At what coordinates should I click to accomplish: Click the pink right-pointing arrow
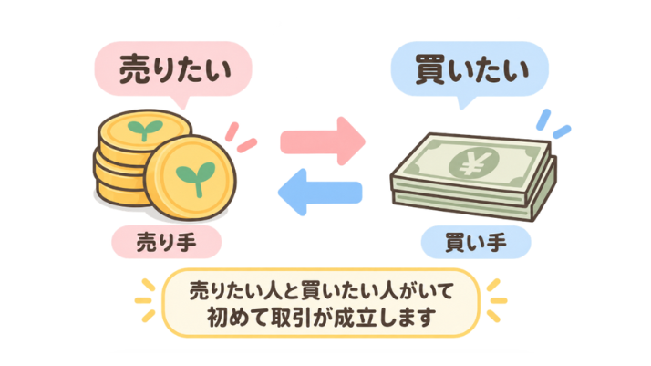[x=323, y=141]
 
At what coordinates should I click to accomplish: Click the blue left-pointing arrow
[x=320, y=192]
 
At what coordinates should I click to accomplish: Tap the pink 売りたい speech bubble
[x=173, y=70]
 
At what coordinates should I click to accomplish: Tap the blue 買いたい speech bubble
[x=470, y=70]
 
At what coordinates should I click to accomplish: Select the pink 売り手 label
[x=167, y=242]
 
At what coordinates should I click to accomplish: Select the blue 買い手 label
[x=476, y=242]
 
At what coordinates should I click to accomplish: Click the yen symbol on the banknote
[x=473, y=162]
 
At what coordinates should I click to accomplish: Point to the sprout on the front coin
[x=195, y=177]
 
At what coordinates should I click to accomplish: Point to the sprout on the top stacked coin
[x=145, y=130]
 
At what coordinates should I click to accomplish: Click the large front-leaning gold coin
[x=191, y=177]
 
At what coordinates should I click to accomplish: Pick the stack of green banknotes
[x=473, y=176]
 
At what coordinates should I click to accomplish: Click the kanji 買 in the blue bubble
[x=430, y=69]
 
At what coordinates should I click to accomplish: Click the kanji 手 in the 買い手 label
[x=497, y=242]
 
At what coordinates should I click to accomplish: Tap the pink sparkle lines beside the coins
[x=241, y=138]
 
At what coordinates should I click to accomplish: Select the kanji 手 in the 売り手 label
[x=186, y=242]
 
